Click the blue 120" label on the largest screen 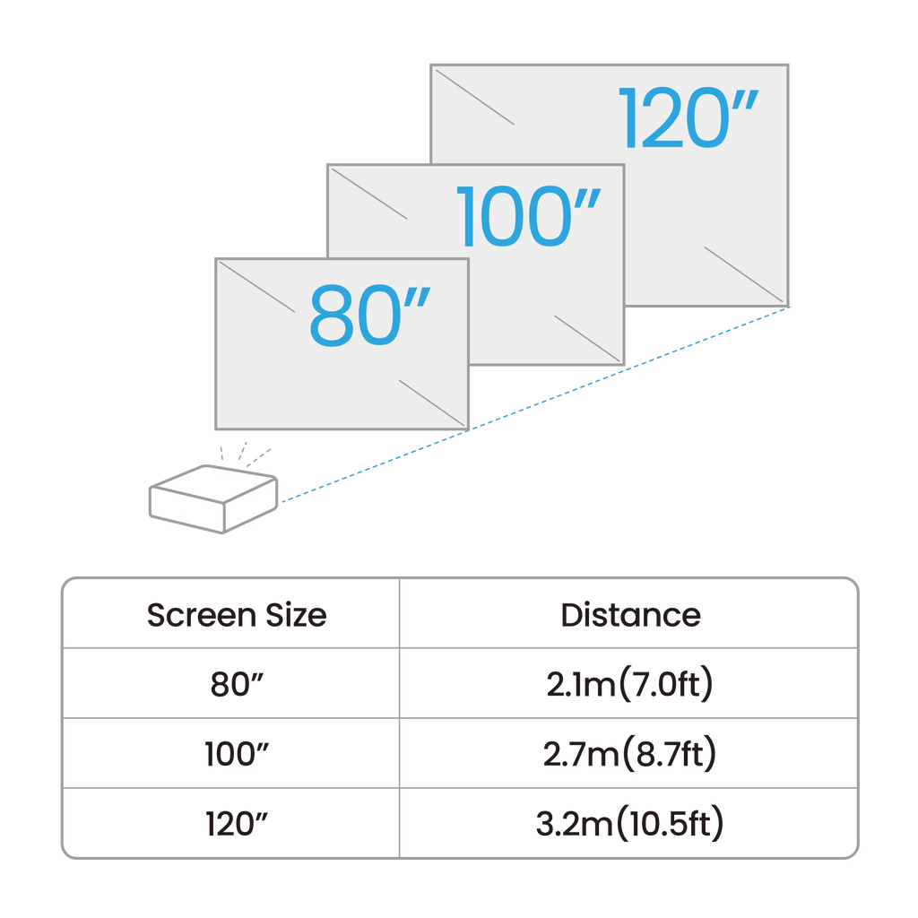(688, 118)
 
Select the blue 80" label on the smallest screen (369, 316)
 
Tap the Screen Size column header (237, 615)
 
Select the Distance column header (630, 615)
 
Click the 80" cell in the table (237, 684)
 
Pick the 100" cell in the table (237, 754)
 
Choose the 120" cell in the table (237, 823)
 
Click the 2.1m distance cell (630, 684)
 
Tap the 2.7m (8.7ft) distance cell (630, 754)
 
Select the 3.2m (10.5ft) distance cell (630, 823)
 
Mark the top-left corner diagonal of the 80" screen (255, 286)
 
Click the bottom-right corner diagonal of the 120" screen (745, 273)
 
